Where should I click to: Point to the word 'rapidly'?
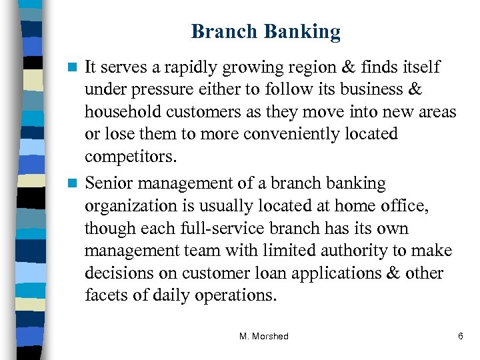click(197, 67)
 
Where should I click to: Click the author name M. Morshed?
click(264, 337)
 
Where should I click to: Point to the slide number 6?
click(460, 337)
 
